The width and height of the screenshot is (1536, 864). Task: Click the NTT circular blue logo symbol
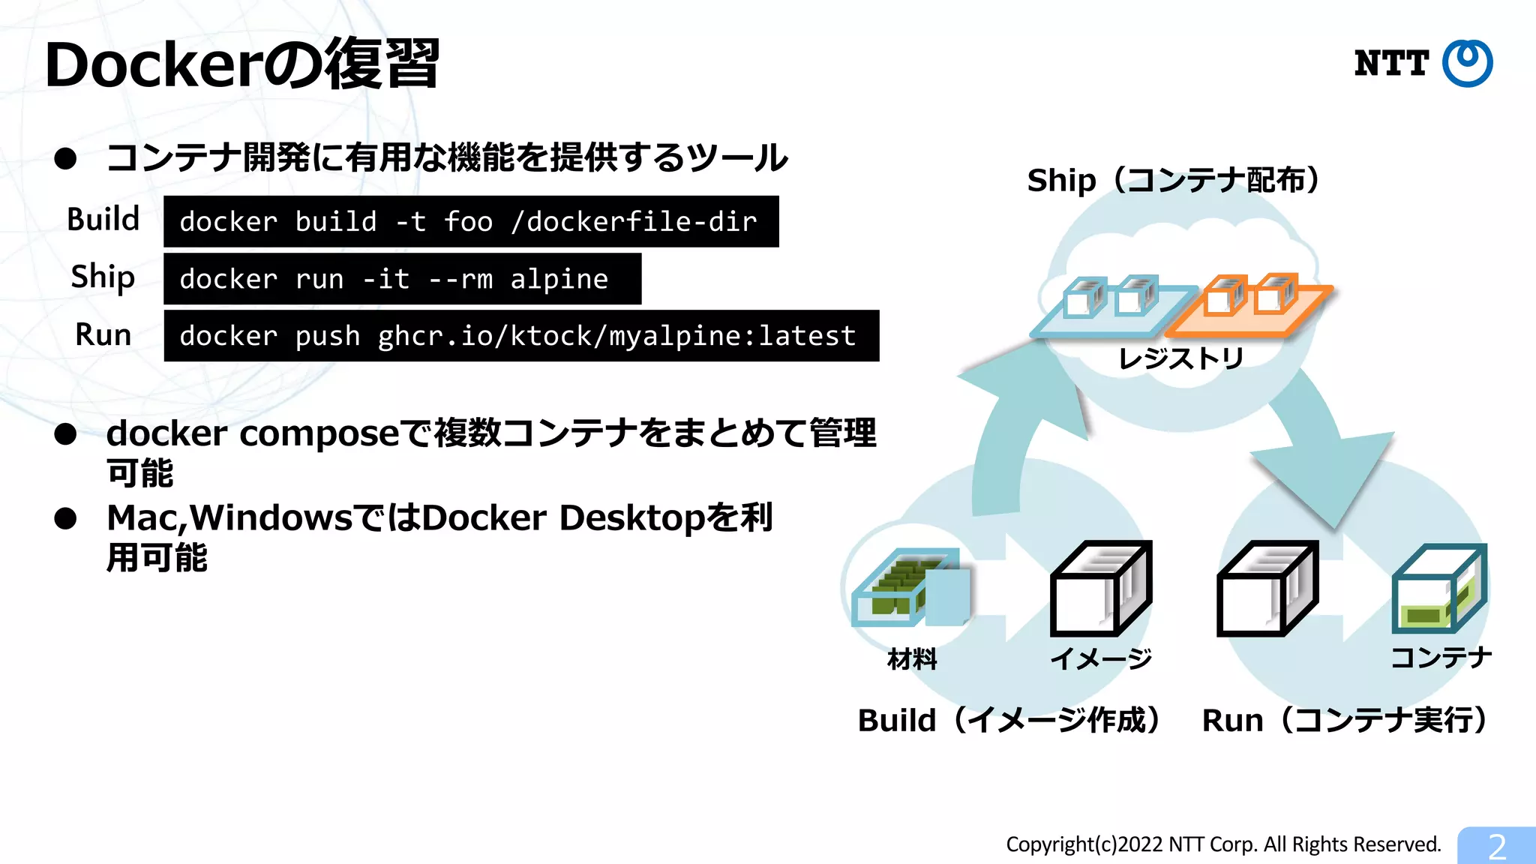(x=1467, y=63)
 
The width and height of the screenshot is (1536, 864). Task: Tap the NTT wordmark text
(x=1391, y=64)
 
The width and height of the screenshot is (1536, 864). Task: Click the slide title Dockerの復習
(x=242, y=64)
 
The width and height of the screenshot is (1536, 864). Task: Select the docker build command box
(x=470, y=222)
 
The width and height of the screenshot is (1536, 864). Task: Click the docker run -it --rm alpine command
(x=402, y=279)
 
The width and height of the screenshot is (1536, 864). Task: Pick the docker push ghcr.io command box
(x=520, y=336)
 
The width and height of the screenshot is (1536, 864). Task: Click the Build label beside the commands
(x=103, y=220)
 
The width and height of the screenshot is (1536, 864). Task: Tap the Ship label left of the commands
(x=103, y=277)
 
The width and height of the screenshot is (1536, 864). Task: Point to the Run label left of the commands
(x=103, y=334)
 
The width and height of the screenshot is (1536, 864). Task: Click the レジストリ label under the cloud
(x=1181, y=358)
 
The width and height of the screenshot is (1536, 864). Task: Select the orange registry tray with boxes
(x=1250, y=306)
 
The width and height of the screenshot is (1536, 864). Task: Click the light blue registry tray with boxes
(x=1111, y=307)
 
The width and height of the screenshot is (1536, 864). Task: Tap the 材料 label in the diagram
(x=912, y=659)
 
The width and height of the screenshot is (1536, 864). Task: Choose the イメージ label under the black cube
(x=1101, y=658)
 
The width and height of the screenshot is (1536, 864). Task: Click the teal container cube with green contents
(x=1438, y=589)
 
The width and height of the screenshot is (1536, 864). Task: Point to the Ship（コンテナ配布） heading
(x=1174, y=181)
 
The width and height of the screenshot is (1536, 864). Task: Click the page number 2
(x=1497, y=847)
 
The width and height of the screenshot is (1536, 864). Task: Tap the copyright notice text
(x=1223, y=844)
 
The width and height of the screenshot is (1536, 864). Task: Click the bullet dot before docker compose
(x=66, y=434)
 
